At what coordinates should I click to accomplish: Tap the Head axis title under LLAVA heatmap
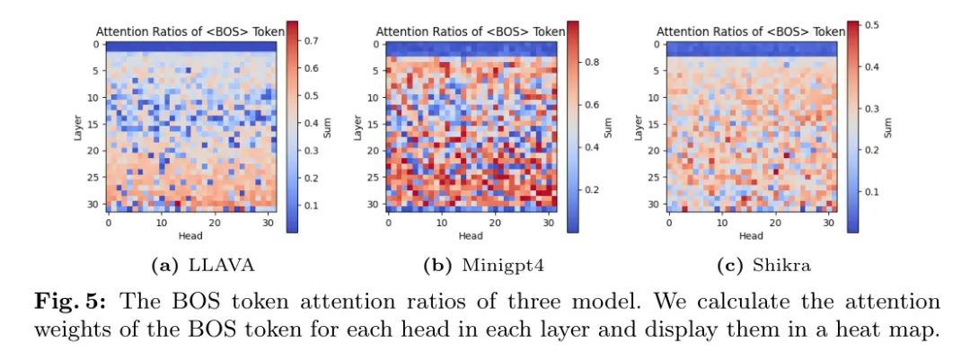tap(191, 236)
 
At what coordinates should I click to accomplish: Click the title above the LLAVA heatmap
tap(190, 31)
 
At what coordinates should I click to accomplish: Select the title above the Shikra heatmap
tap(750, 31)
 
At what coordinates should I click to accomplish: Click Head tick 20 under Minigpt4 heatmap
tap(495, 222)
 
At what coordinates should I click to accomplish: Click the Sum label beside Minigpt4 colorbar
tap(608, 127)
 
